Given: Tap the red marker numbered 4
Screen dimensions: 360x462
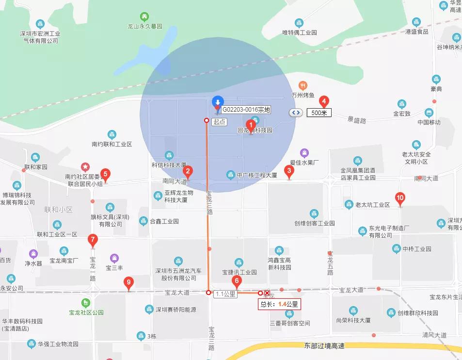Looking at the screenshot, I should (324, 101).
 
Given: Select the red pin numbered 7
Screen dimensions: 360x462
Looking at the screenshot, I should (93, 240).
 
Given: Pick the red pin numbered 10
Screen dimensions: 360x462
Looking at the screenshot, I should (400, 198).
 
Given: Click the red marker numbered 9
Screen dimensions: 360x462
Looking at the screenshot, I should (128, 282).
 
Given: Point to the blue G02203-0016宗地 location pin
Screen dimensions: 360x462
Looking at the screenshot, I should (218, 101).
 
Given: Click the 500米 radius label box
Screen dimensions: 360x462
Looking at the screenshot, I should (319, 113).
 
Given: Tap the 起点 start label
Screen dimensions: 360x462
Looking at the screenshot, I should (219, 122).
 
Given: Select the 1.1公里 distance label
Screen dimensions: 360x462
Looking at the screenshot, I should (225, 294).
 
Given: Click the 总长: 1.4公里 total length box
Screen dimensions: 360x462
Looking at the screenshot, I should (279, 304).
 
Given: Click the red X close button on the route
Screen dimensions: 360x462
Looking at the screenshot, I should (267, 293).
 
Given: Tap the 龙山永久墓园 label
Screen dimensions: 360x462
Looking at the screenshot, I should (144, 26).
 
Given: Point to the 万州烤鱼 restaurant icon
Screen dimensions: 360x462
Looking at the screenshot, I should (303, 85).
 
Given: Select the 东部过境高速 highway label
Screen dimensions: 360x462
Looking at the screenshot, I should (324, 345).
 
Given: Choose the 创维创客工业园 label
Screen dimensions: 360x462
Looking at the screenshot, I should (315, 223).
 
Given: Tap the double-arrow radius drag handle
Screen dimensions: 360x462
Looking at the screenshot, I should (296, 113).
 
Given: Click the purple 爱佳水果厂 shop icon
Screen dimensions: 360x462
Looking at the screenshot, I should (304, 153).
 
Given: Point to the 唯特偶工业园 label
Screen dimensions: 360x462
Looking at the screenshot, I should (300, 33).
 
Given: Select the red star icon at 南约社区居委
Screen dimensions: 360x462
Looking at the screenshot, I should (85, 167).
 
